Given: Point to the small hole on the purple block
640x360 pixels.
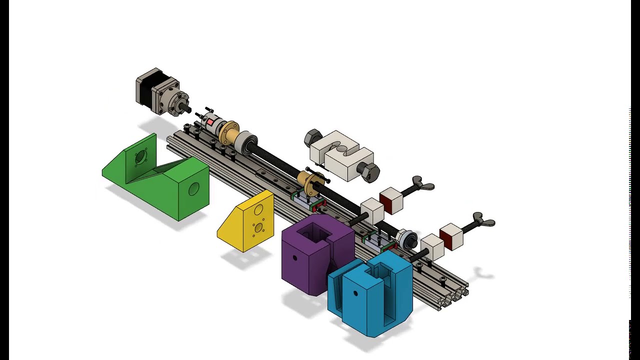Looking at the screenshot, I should pyautogui.click(x=295, y=258).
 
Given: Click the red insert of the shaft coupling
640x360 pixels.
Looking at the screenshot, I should pyautogui.click(x=211, y=122).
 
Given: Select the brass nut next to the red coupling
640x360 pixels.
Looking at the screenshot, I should pyautogui.click(x=229, y=131).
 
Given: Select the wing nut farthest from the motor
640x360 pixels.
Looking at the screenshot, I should pyautogui.click(x=483, y=220).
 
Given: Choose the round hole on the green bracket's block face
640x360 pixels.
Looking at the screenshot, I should pyautogui.click(x=193, y=189).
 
